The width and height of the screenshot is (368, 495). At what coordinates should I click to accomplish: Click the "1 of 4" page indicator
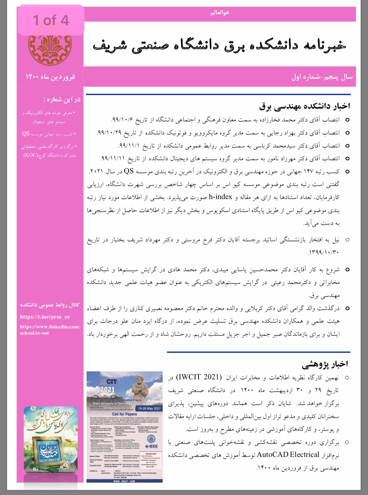(51, 20)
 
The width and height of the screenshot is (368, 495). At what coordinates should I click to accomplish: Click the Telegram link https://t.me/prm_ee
(45, 317)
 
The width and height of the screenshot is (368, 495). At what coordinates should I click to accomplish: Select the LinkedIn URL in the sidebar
(49, 330)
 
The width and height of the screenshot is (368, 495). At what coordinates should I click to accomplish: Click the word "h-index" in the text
(220, 197)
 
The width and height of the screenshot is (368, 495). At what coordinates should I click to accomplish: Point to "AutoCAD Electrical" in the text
(288, 454)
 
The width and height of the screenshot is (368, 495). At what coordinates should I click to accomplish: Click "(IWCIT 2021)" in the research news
(199, 377)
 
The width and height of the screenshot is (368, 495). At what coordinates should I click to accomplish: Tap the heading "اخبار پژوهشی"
(325, 364)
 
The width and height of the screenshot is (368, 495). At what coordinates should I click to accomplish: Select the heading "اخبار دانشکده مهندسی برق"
(304, 106)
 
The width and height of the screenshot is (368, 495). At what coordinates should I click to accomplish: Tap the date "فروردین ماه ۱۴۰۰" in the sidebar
(50, 77)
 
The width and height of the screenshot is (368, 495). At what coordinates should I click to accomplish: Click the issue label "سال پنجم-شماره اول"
(322, 77)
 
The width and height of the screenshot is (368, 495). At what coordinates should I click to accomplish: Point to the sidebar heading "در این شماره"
(62, 99)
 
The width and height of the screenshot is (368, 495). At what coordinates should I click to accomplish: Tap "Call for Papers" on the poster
(124, 414)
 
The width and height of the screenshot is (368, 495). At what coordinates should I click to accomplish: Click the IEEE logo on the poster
(151, 446)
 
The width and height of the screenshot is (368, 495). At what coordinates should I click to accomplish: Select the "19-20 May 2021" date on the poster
(149, 408)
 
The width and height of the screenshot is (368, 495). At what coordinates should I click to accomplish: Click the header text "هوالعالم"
(220, 13)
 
